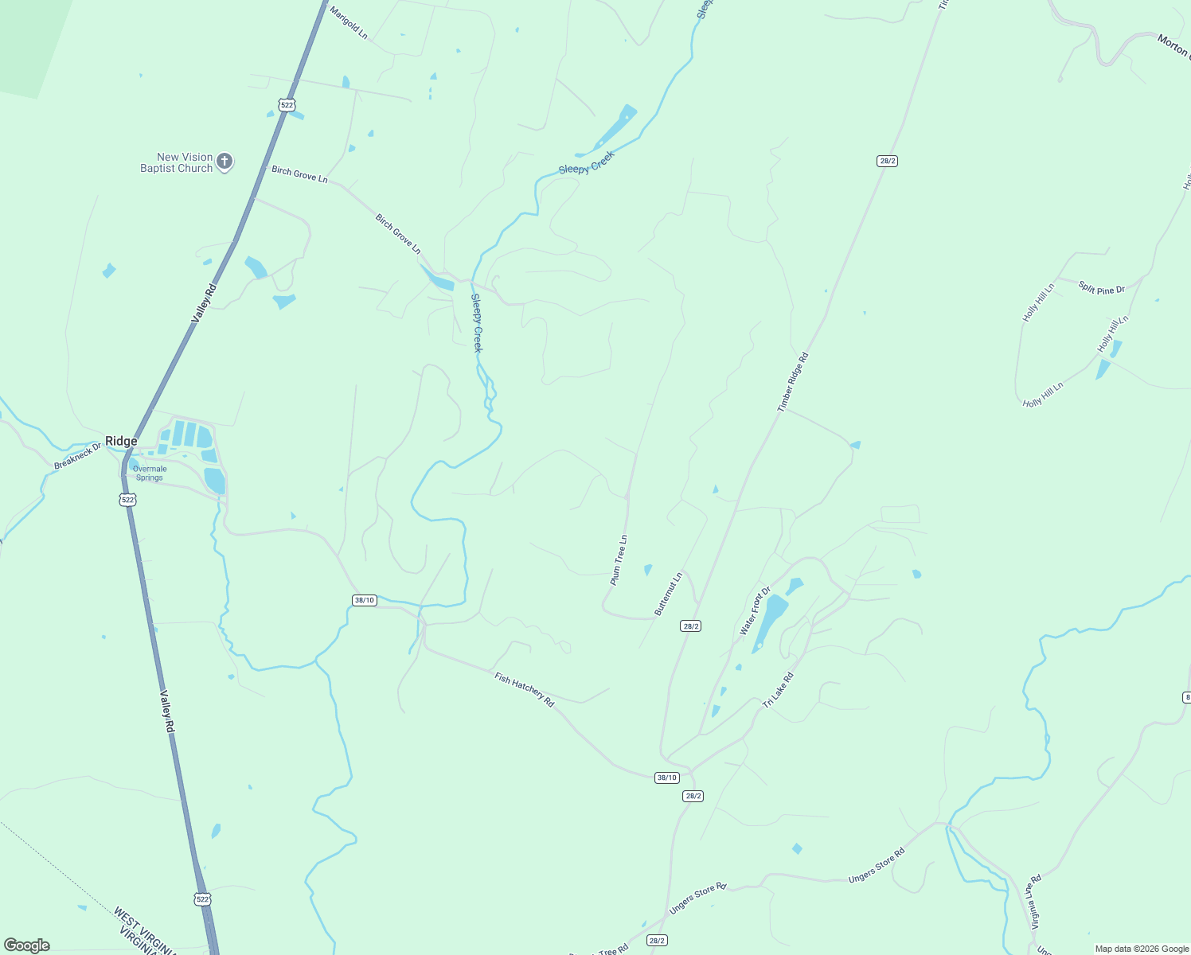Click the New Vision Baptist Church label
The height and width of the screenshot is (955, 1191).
(x=176, y=163)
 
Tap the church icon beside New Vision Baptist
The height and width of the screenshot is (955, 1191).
(x=225, y=162)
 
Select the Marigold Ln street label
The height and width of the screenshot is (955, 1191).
(x=349, y=23)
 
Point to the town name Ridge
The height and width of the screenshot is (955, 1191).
(x=121, y=441)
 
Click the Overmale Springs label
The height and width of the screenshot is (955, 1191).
(x=150, y=474)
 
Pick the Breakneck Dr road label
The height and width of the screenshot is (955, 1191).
(x=78, y=456)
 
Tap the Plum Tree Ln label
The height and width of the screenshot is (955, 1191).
(x=619, y=560)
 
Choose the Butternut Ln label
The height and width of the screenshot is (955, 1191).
(x=669, y=594)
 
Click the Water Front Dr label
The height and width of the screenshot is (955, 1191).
(x=755, y=611)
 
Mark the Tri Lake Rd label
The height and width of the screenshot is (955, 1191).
(x=778, y=691)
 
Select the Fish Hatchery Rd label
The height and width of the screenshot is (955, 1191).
(x=524, y=689)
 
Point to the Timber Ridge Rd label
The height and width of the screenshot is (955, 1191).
(x=793, y=382)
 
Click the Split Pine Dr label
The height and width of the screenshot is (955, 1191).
(x=1102, y=288)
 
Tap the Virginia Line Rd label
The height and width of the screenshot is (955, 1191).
(x=1036, y=902)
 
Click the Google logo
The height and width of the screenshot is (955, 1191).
(x=26, y=945)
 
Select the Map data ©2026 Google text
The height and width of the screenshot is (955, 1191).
(x=1142, y=949)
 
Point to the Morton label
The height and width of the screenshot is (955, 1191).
(x=1173, y=45)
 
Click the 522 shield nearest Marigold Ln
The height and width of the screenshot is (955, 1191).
(x=287, y=104)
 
